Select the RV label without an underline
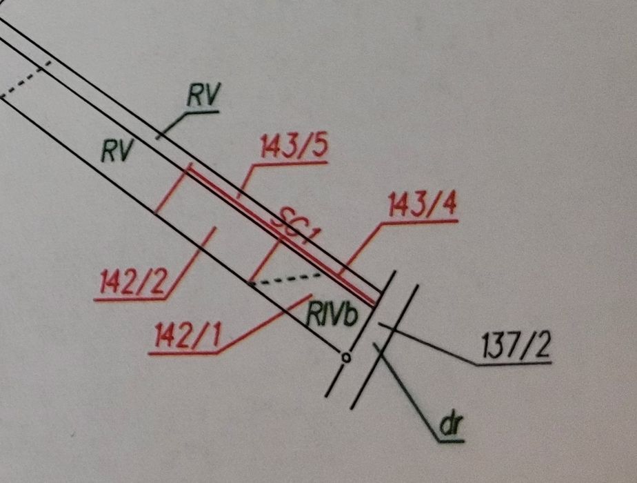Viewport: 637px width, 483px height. (x=117, y=151)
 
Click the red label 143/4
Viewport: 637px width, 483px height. (x=423, y=206)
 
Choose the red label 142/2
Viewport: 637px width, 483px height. (x=133, y=282)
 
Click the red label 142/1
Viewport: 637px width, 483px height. (x=188, y=336)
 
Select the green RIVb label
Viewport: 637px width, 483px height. (x=332, y=315)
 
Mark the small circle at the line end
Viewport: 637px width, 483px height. (x=346, y=358)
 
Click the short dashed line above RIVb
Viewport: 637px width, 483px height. (x=285, y=279)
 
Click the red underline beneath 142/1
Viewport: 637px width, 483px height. (x=183, y=353)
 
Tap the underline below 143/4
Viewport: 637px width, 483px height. (x=420, y=222)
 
